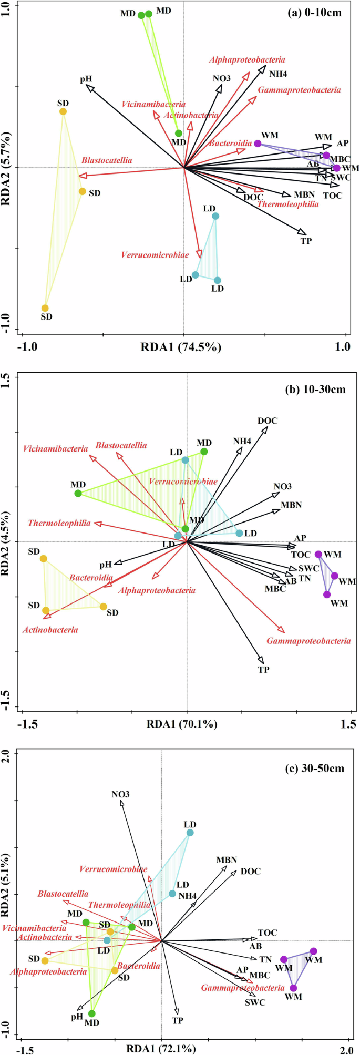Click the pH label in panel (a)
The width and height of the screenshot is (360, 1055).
coord(86,79)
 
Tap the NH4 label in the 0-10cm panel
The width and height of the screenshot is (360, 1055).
coord(278,74)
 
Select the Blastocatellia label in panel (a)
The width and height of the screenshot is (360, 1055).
coord(107,160)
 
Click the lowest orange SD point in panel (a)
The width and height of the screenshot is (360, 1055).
coord(45,308)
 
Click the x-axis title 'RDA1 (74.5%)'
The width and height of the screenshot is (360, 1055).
coord(181,347)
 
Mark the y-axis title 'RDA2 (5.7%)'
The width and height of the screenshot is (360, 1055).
coord(9,168)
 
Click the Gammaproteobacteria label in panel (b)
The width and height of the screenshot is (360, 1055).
coord(308,641)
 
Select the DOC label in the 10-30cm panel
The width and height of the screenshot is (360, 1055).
coord(268,421)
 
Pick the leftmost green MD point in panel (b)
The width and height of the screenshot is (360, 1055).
coord(78,493)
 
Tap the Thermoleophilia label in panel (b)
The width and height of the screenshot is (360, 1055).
coord(59,523)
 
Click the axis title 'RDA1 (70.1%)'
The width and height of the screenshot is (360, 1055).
coord(182,724)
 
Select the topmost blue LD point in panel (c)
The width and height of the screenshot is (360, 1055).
coord(190,833)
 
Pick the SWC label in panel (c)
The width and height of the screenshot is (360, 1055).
coord(255,1002)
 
